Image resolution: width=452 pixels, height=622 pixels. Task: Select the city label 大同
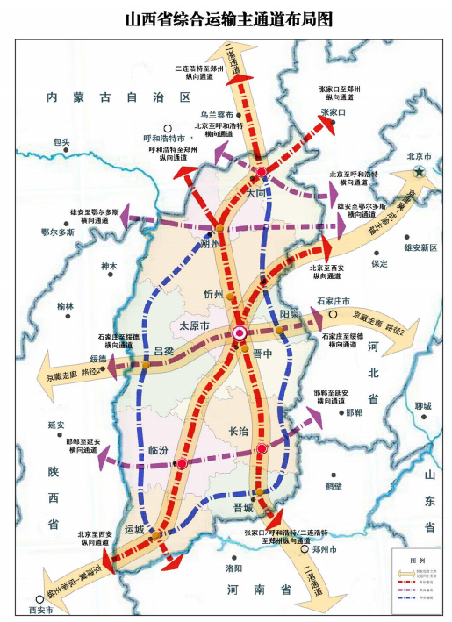255,192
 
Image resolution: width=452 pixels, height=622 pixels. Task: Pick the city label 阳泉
291,314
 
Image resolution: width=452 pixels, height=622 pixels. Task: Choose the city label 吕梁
164,351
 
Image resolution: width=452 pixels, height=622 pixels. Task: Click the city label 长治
240,431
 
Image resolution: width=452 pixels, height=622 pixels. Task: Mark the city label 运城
134,529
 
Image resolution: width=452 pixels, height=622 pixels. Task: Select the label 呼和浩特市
164,139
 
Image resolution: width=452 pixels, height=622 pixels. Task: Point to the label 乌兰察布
216,114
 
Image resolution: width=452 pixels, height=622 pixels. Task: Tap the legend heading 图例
417,558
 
